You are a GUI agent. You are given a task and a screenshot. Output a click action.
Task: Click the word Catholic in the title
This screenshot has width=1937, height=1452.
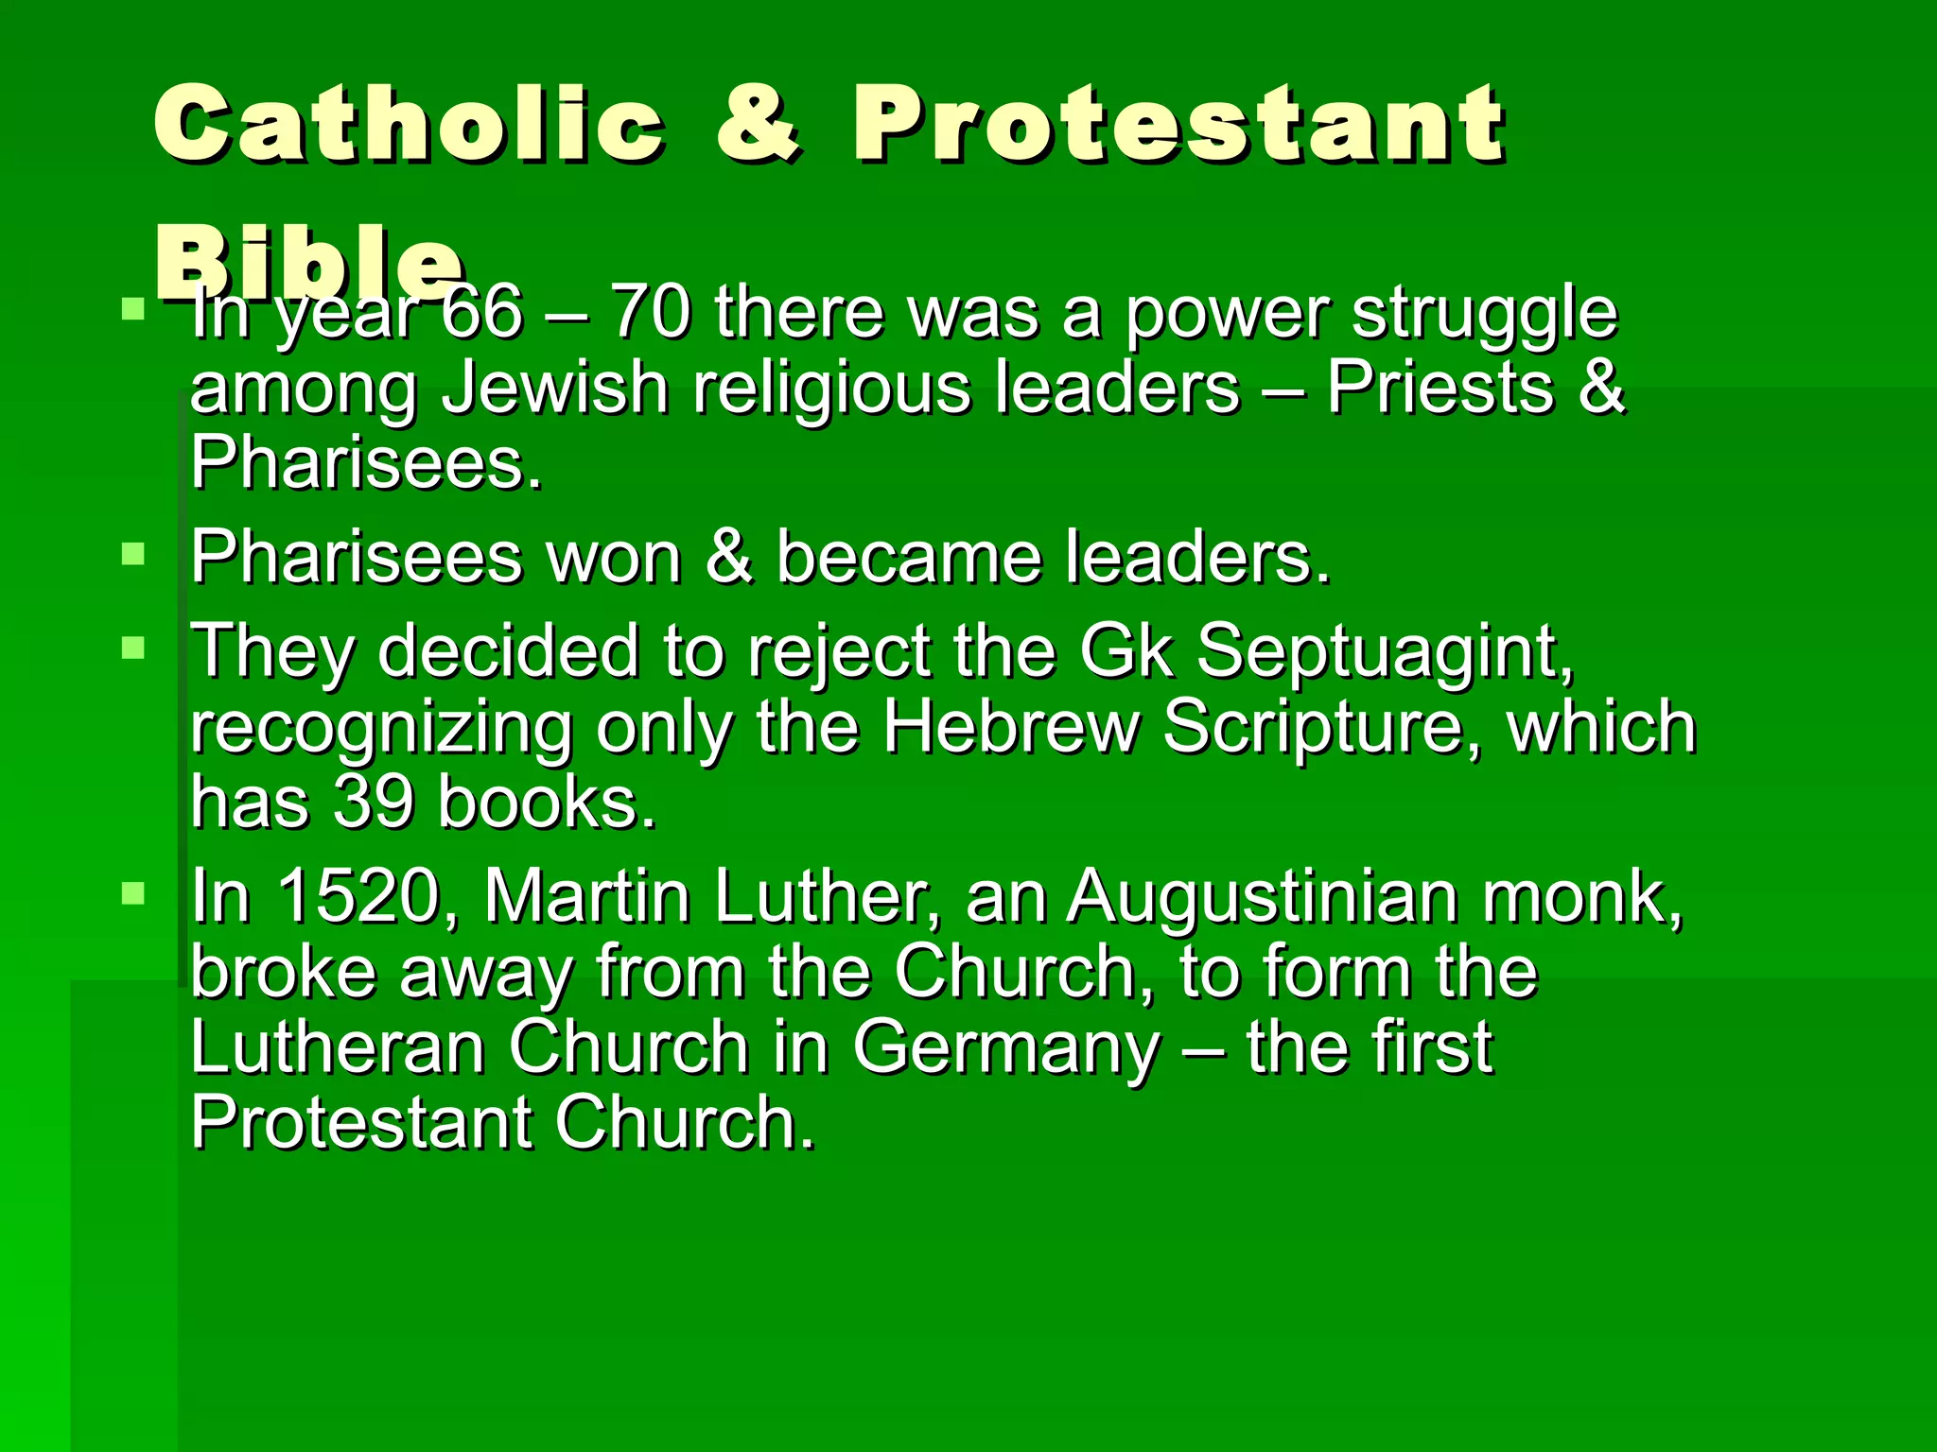pyautogui.click(x=409, y=123)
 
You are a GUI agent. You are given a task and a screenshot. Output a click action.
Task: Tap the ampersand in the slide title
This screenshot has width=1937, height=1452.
pyautogui.click(x=759, y=123)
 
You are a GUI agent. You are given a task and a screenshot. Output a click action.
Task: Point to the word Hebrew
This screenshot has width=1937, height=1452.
pyautogui.click(x=1011, y=728)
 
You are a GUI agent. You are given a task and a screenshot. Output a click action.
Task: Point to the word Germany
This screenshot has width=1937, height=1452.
pyautogui.click(x=1006, y=1049)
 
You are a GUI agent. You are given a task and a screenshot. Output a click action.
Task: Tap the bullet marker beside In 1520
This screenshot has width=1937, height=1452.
pyautogui.click(x=133, y=892)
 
